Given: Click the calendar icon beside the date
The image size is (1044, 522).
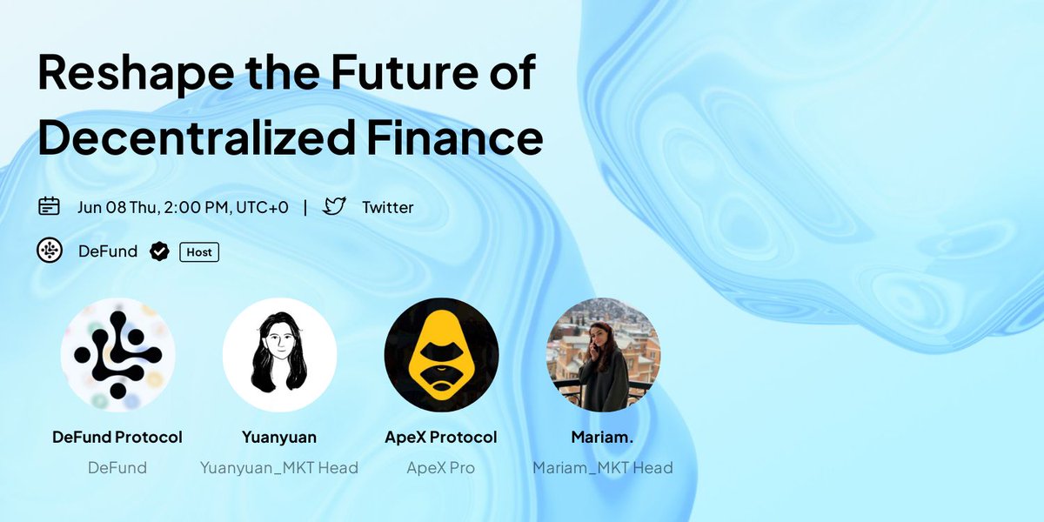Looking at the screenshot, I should coord(49,207).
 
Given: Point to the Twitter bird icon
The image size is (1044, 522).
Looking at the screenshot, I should coord(334,207).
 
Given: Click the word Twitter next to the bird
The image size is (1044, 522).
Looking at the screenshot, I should coord(388,207).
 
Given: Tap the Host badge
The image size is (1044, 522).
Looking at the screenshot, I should coord(199,252).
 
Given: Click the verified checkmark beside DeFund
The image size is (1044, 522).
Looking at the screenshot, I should coord(159,252).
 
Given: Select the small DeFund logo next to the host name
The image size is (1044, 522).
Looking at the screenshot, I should coord(49,251).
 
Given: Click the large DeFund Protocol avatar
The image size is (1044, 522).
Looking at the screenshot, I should coord(117,354).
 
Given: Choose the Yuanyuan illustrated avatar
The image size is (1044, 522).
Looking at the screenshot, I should coord(279,354).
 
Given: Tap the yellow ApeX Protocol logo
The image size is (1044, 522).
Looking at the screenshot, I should coord(441,354).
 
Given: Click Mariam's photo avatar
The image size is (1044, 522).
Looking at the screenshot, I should coord(603,354).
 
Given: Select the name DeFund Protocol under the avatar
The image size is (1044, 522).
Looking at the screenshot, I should coord(117,437).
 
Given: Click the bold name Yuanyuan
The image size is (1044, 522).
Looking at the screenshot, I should coord(279,437).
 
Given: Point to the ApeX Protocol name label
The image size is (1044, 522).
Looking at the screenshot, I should coord(441,437).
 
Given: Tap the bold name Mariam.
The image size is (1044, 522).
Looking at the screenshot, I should coord(603,437).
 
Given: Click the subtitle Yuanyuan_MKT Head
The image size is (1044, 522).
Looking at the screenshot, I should coord(279,468).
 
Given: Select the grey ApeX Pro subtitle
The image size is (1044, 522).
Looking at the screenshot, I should coord(441,468).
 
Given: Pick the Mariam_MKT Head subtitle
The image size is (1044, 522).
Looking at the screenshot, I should coord(603,468).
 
